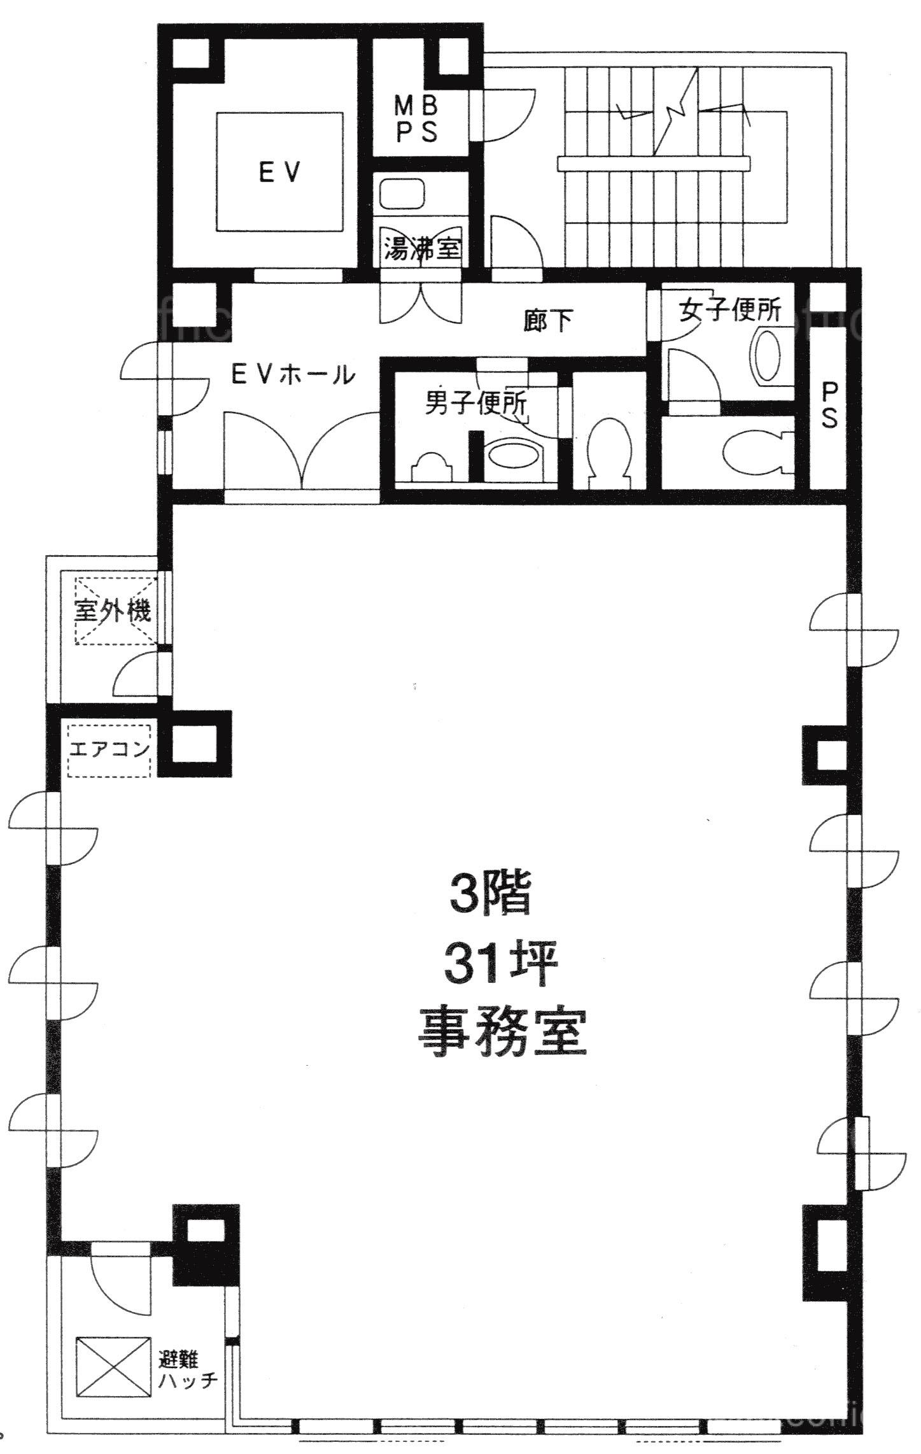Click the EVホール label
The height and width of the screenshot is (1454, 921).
click(293, 374)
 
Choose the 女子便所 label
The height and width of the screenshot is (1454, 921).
click(729, 311)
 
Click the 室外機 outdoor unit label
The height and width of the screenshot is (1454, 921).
click(113, 611)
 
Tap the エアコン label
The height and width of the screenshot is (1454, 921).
click(109, 749)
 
